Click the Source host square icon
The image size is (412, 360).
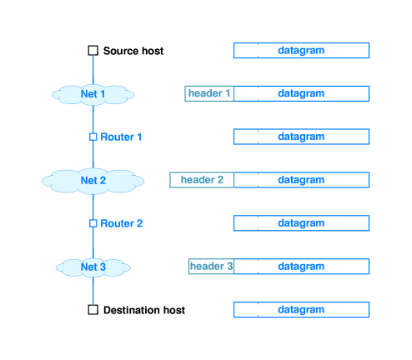click(x=93, y=51)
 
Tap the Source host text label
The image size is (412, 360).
click(x=133, y=51)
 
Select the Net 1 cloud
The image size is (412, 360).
click(x=93, y=95)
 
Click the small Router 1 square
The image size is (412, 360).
click(x=93, y=137)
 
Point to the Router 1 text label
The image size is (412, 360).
click(x=121, y=137)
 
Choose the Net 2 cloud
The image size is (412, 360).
click(x=93, y=181)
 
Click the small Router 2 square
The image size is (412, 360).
click(x=93, y=223)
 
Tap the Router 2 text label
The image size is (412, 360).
click(x=122, y=223)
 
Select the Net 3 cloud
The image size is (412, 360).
click(x=93, y=267)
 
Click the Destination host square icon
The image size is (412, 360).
click(x=93, y=310)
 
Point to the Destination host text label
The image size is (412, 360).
click(x=144, y=310)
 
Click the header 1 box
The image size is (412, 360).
click(x=209, y=93)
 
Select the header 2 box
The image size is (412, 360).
click(x=202, y=180)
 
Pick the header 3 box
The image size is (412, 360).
click(x=211, y=266)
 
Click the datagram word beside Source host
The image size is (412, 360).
click(x=301, y=51)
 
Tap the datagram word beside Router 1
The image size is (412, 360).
click(x=301, y=137)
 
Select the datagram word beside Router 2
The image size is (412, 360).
click(x=301, y=223)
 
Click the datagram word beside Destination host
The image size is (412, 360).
click(x=301, y=309)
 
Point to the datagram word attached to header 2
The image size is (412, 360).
click(x=301, y=180)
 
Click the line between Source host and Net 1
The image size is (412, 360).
click(x=93, y=70)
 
